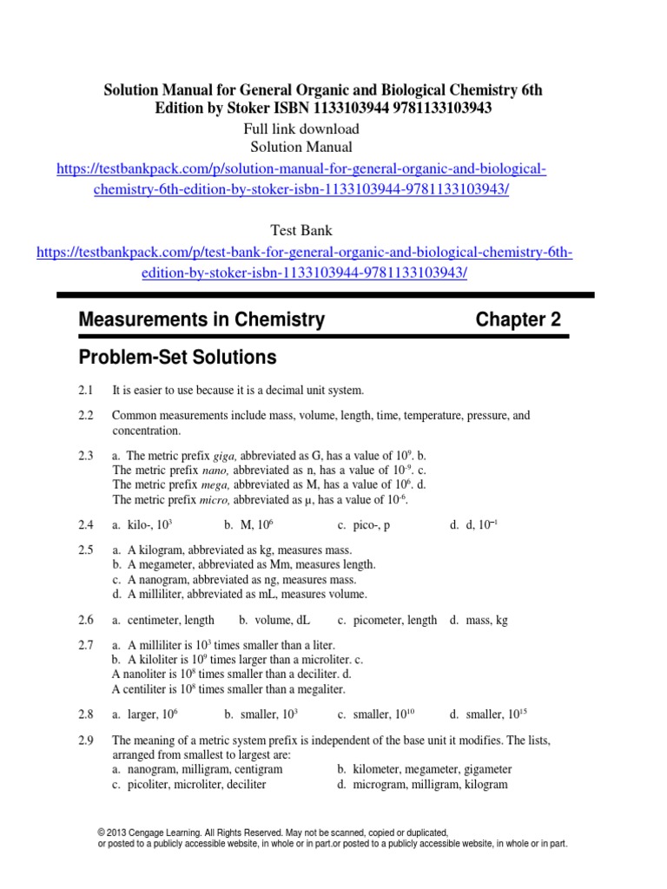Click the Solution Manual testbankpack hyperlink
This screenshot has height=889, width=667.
click(x=300, y=169)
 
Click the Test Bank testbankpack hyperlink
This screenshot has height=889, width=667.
click(x=304, y=253)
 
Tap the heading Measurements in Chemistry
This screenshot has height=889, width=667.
click(x=201, y=320)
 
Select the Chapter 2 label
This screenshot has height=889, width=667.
click(x=518, y=320)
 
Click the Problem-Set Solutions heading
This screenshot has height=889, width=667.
click(x=177, y=357)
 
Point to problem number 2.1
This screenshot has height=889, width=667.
click(x=84, y=392)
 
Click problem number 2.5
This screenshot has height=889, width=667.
click(x=84, y=550)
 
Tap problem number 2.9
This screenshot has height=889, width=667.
click(x=84, y=741)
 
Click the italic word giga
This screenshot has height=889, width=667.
click(x=224, y=456)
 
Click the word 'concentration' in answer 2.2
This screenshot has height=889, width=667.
click(x=146, y=431)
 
